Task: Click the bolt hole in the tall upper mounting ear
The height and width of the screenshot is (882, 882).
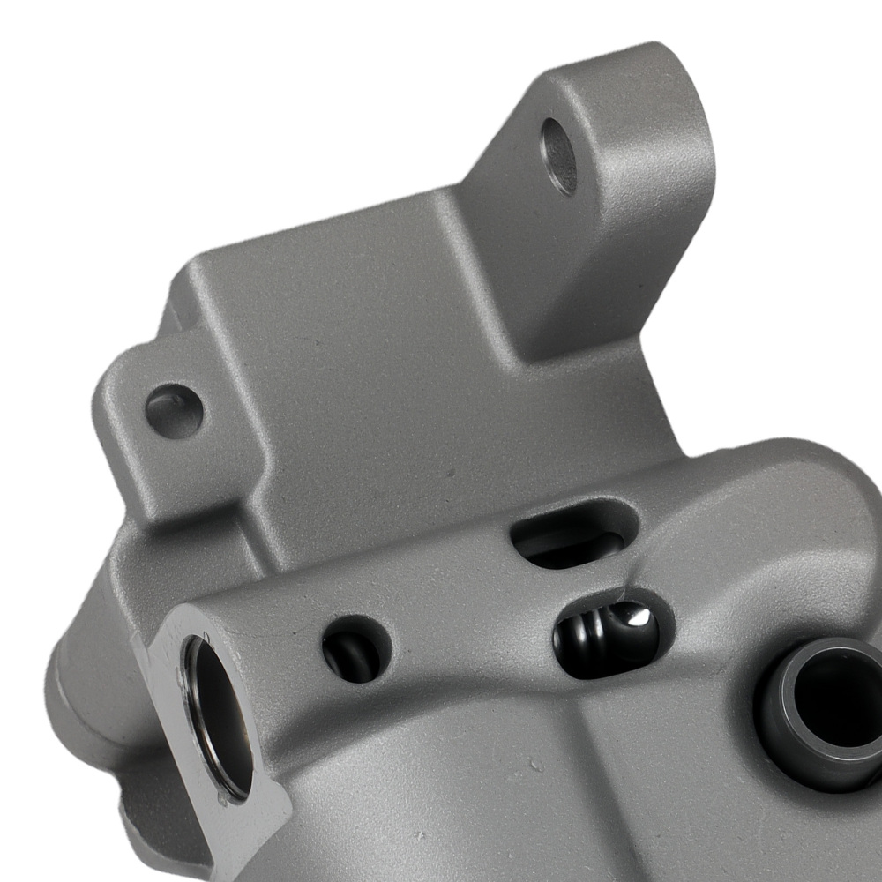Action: click(559, 156)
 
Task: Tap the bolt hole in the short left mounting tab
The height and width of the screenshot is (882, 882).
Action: click(174, 411)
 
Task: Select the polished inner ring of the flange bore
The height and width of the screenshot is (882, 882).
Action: click(198, 706)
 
